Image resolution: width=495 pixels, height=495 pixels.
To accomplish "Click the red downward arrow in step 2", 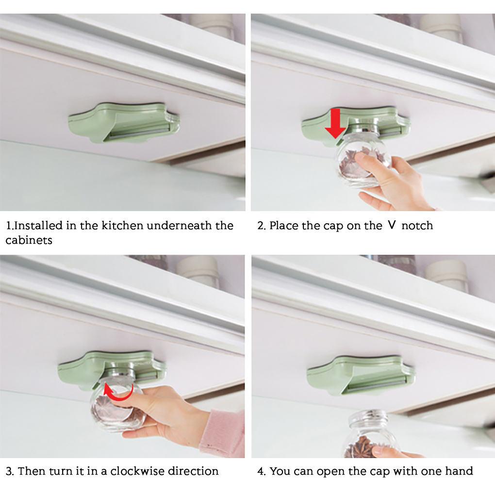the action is click(x=335, y=124).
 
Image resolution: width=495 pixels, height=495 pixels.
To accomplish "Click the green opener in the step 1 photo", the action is click(x=124, y=122).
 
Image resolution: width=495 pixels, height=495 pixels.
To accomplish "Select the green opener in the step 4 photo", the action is click(x=361, y=375).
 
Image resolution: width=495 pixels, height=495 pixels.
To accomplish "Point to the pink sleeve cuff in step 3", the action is click(x=223, y=432).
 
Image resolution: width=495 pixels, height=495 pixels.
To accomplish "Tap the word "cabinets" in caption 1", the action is click(x=29, y=240).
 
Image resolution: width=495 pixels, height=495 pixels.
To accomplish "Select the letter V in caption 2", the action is click(x=392, y=225).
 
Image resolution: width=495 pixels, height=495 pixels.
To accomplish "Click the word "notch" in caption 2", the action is click(x=417, y=225).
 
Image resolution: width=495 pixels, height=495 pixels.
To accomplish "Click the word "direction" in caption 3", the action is click(x=193, y=471).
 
